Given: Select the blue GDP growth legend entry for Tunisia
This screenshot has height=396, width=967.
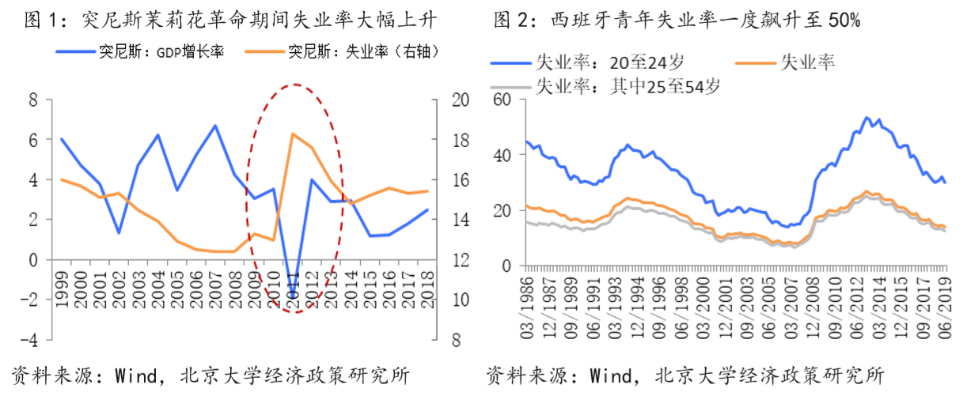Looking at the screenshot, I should click(x=142, y=52).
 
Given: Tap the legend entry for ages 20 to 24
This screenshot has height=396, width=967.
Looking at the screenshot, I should click(x=586, y=62).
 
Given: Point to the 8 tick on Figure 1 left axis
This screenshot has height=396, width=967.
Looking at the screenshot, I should click(x=32, y=100).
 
